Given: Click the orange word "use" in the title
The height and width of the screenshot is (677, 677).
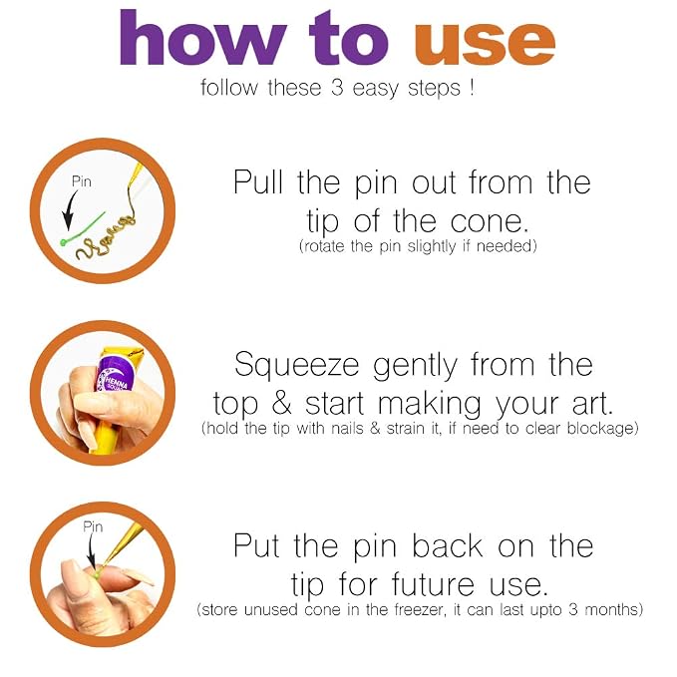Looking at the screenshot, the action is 485,42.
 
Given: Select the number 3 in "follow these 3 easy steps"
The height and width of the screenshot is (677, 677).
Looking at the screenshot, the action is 337,88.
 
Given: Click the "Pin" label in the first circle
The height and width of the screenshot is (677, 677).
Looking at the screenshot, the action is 82,181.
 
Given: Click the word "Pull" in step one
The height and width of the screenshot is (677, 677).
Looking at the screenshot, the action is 258,181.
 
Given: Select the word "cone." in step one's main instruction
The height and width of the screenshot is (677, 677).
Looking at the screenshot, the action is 490,221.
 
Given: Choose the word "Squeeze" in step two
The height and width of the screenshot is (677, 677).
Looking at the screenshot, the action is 297,365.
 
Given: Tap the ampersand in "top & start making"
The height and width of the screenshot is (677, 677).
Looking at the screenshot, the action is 282,404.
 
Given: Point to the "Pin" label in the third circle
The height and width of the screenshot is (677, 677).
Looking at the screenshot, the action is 93,526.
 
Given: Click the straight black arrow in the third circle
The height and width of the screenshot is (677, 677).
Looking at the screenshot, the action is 91,550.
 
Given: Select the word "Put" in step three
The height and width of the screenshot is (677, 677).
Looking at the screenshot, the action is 256,545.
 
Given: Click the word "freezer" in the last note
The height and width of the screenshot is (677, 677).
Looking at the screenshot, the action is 419,609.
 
